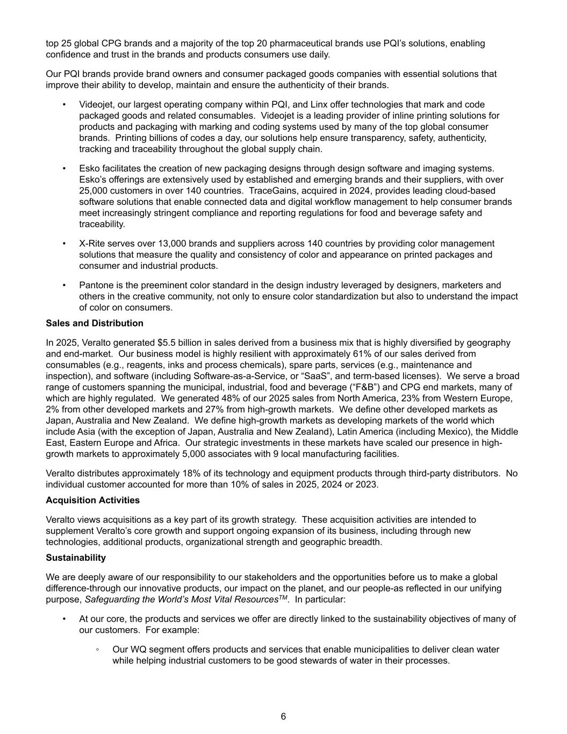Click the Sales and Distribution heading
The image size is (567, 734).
(95, 323)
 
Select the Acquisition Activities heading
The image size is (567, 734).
(92, 500)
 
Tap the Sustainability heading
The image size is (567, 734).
(76, 558)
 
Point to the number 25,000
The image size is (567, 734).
(94, 191)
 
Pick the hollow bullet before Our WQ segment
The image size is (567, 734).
(97, 650)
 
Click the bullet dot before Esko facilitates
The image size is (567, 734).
(64, 169)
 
